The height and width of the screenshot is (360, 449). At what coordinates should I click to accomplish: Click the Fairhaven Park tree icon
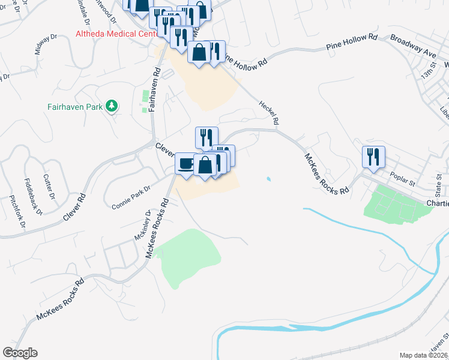110,106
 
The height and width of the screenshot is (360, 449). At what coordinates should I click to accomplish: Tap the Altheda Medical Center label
114,34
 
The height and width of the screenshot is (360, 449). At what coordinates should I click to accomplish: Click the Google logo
20,353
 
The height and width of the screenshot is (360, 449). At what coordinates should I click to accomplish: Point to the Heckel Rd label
270,112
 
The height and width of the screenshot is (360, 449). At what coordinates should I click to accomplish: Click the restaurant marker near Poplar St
373,157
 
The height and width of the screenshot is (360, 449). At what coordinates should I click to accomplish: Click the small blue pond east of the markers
268,179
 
